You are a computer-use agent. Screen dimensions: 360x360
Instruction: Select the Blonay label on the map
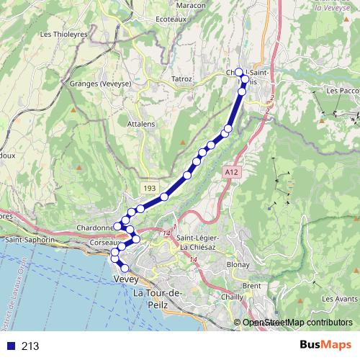pos(238,264)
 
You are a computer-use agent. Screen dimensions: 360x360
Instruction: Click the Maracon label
pos(191,5)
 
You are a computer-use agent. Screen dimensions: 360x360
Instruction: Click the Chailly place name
pos(232,297)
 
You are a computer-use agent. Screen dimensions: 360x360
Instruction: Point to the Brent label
pos(252,286)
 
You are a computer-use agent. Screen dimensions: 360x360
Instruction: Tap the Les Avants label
pos(340,299)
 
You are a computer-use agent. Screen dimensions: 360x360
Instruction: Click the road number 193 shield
pos(149,188)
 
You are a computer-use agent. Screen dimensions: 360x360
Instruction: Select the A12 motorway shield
pos(230,173)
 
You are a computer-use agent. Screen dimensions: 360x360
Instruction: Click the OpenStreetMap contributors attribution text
pos(298,323)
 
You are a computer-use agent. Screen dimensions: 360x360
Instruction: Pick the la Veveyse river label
pos(335,8)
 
